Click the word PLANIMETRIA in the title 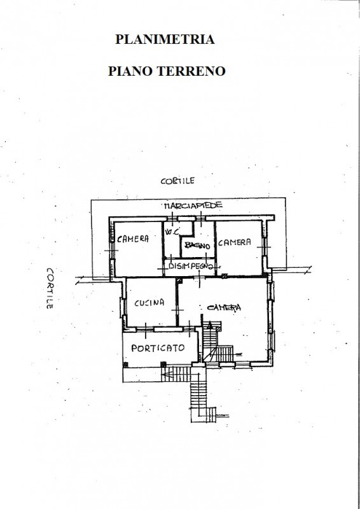165,39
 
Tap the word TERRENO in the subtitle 191,71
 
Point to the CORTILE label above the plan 177,181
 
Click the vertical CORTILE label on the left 50,288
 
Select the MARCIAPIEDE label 193,206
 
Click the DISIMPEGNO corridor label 191,266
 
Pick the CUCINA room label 149,303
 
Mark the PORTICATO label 158,348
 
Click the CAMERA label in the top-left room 133,239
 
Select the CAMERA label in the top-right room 234,242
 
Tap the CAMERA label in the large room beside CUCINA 224,307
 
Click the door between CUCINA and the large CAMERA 177,310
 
